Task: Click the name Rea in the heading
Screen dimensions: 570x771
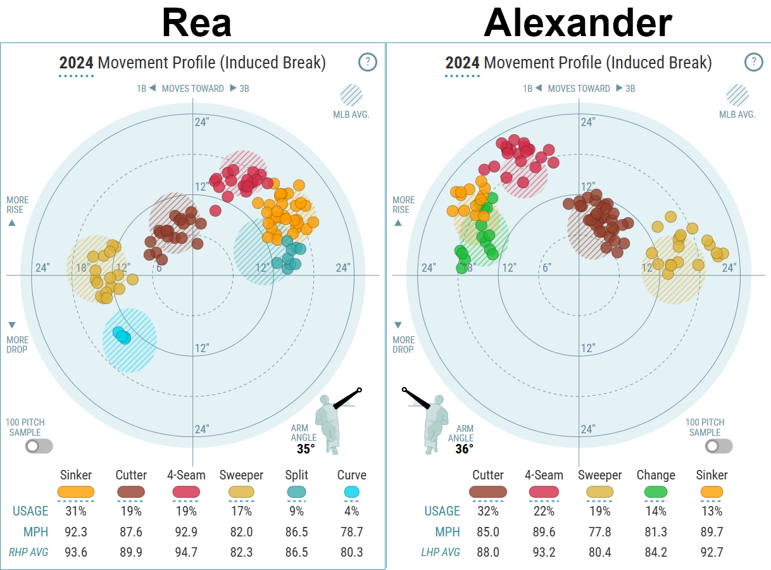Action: coord(196,23)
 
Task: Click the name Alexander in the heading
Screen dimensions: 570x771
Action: coord(577,23)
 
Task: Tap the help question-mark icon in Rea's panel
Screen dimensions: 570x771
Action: coord(367,62)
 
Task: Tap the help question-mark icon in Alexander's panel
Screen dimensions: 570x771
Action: coord(753,62)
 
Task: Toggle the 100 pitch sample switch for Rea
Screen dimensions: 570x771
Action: coord(39,446)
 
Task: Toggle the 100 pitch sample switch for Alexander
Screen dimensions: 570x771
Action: coord(718,446)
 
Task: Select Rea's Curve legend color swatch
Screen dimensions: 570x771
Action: coord(351,491)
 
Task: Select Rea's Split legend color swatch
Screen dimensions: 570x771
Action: coord(296,491)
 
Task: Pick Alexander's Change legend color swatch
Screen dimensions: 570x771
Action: coord(655,491)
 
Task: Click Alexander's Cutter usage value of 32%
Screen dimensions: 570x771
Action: coord(487,511)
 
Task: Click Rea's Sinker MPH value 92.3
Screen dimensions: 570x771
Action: coord(76,531)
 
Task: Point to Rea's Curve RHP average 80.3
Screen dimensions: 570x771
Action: coord(351,552)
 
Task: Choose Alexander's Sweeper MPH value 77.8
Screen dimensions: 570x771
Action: coord(599,531)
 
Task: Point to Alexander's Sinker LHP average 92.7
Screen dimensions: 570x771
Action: coord(711,552)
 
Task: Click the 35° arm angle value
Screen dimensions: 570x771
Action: coord(306,449)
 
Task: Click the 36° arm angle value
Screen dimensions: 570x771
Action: coord(464,449)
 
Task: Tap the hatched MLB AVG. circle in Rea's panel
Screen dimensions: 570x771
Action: coord(351,96)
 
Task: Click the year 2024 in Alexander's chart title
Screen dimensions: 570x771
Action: coord(462,63)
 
